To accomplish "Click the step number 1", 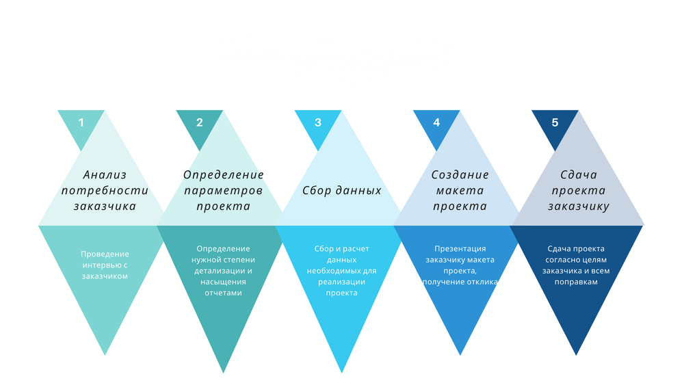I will coord(81,123).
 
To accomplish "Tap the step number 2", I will coord(199,123).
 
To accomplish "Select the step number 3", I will coord(317,123).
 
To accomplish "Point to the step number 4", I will coord(436,123).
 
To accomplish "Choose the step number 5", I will coord(555,123).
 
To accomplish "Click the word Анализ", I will coord(105,175).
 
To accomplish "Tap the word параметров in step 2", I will coord(223,190).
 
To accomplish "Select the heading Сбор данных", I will coord(342,190).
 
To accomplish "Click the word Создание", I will coord(460,175).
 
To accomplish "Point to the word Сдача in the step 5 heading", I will coord(579,175).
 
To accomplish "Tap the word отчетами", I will coord(223,293).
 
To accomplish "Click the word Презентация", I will coord(460,249).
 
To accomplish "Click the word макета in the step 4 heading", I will coord(460,190).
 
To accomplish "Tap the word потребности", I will coord(105,190).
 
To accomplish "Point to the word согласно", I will coord(562,260).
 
